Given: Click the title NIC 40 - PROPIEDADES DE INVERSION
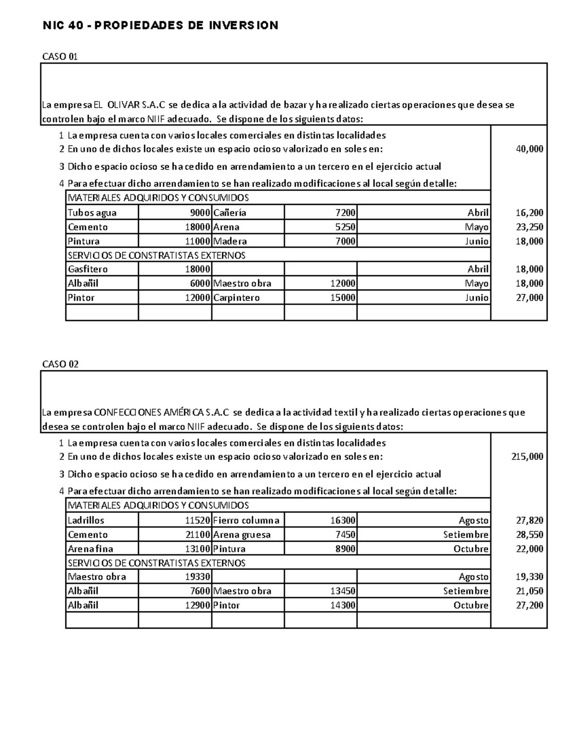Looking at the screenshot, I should point(161,25).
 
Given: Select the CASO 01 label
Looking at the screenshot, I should point(60,57).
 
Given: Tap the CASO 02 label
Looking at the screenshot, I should point(60,364).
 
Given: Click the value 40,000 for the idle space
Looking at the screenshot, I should point(529,149).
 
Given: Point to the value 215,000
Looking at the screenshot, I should point(527,456).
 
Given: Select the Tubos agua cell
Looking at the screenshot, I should point(92,213).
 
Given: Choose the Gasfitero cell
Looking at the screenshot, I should point(88,269).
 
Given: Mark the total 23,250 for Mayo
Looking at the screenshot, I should point(529,227).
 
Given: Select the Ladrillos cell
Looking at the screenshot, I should point(86,520).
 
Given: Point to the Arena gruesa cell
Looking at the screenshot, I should point(242,534).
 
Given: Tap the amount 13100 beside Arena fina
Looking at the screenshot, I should point(198,549).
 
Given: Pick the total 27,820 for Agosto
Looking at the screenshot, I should point(529,520).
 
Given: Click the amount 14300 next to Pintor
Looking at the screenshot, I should point(343,605).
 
